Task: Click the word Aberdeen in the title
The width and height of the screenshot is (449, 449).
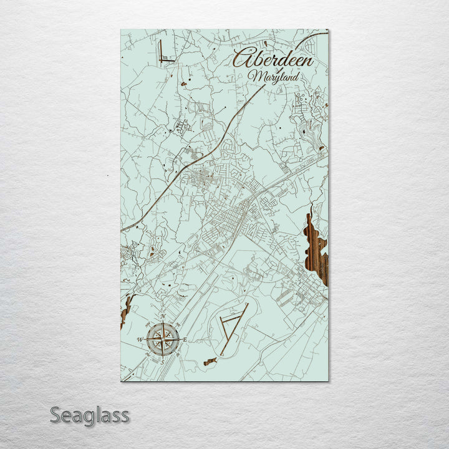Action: click(273, 58)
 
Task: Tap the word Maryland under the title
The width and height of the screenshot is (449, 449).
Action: click(273, 76)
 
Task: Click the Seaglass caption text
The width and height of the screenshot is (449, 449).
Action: click(90, 415)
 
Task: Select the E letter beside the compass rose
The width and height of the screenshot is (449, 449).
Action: click(185, 340)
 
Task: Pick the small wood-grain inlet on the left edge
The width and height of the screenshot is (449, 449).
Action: click(127, 309)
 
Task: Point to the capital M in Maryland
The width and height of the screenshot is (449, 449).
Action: click(254, 76)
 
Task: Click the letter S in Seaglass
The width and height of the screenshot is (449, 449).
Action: click(55, 415)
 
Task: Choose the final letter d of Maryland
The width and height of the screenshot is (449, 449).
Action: click(296, 75)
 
